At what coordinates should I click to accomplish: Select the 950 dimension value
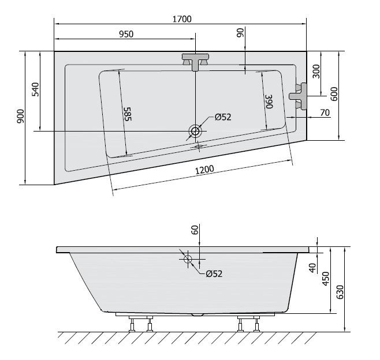[x=126, y=34]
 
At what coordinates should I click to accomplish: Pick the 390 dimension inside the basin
[x=267, y=102]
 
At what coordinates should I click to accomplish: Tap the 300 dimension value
[x=316, y=72]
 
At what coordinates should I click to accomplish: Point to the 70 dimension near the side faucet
[x=324, y=112]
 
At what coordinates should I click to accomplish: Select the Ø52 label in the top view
[x=222, y=117]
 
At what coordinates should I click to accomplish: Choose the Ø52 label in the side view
[x=214, y=274]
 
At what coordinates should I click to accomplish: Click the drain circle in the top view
[x=195, y=131]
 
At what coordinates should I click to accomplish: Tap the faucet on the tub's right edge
[x=299, y=95]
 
